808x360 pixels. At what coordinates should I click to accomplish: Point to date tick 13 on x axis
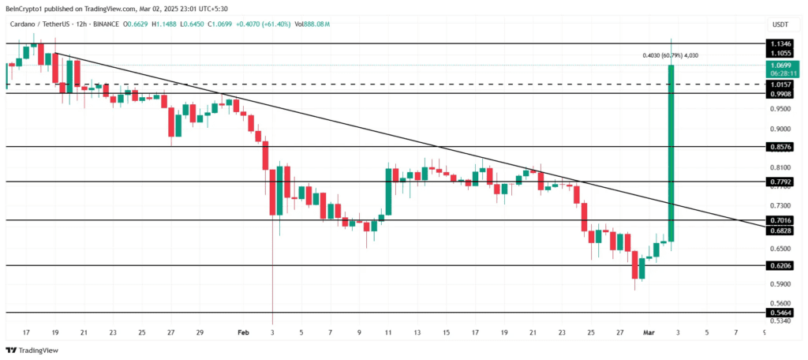[417, 333]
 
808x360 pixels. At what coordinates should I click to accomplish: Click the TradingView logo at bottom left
[27, 350]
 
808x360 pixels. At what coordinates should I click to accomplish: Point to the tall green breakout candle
[671, 150]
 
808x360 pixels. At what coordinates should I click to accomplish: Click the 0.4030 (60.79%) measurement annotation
[670, 55]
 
